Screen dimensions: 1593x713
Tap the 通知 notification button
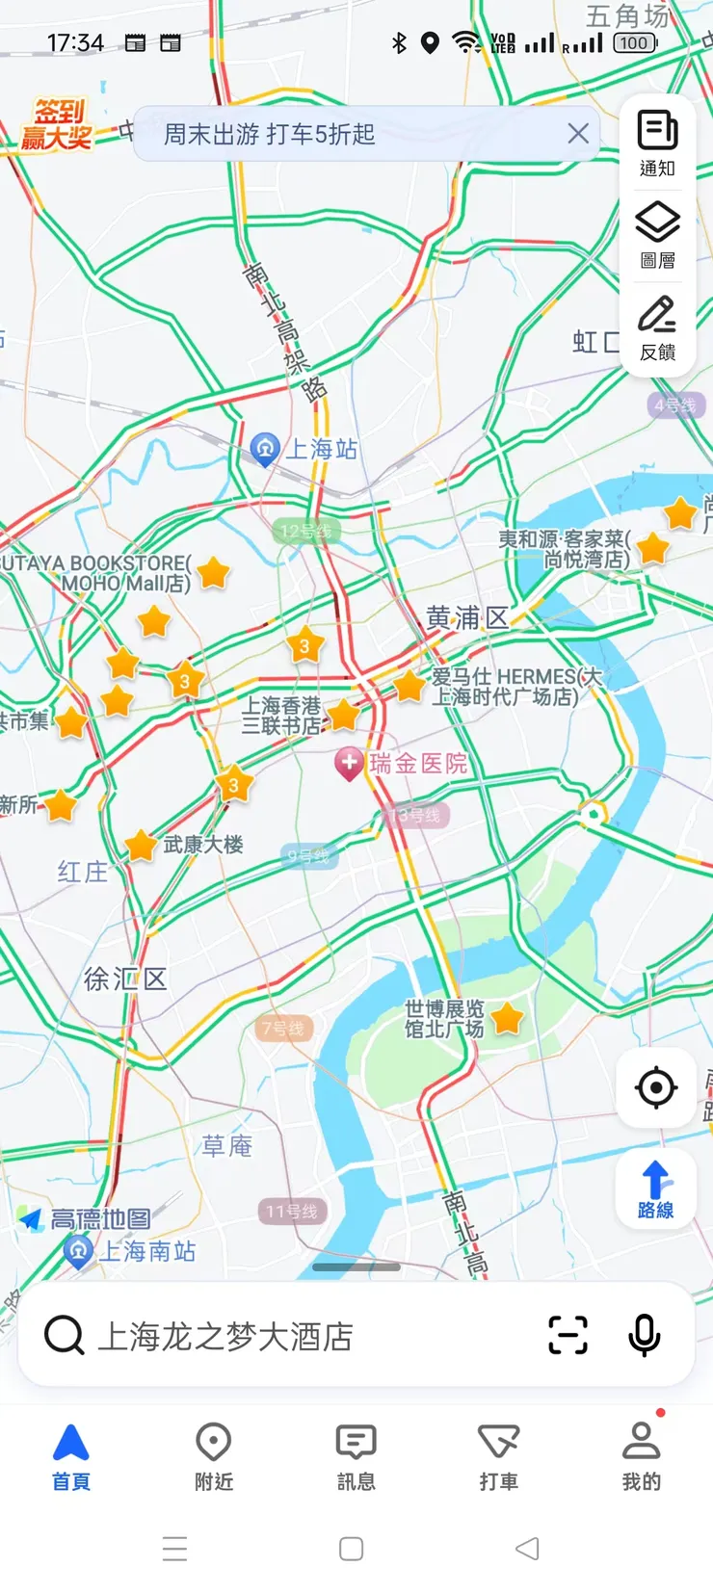tap(657, 143)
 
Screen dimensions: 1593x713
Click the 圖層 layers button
tap(657, 234)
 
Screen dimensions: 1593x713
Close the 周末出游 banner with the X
tap(578, 134)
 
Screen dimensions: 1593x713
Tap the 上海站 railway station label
tap(323, 449)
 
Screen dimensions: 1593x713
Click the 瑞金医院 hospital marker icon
tap(348, 764)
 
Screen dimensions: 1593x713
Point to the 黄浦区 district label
tap(467, 617)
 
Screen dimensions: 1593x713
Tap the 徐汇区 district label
tap(125, 979)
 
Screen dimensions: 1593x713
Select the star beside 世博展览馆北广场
tap(507, 1018)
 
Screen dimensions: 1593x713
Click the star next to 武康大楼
tap(141, 846)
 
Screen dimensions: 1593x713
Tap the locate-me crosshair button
tap(656, 1087)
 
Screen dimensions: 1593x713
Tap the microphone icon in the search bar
tap(644, 1335)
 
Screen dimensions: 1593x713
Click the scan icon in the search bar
tap(568, 1335)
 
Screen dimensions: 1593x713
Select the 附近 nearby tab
tap(214, 1456)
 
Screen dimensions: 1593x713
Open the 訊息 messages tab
tap(356, 1456)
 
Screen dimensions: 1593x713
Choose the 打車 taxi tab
tap(498, 1456)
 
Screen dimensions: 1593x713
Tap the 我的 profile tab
tap(641, 1456)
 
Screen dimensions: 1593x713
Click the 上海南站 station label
tap(147, 1251)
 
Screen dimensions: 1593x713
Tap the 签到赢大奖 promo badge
tap(57, 125)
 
